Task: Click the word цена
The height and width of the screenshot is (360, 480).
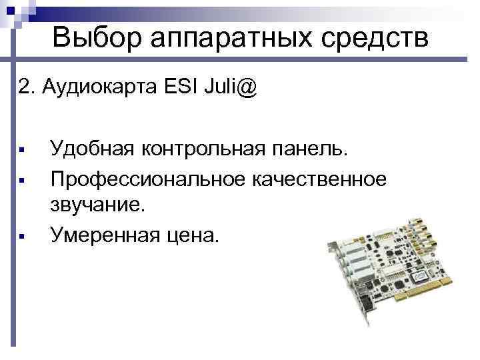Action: click(x=191, y=235)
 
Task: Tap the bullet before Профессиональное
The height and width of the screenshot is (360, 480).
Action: click(x=22, y=179)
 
